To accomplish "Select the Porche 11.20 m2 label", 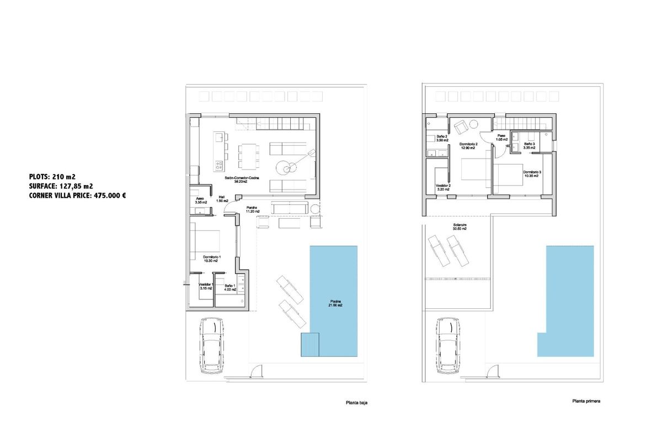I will pos(253,209).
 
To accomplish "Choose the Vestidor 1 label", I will pos(206,286).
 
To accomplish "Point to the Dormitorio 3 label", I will pos(532,173).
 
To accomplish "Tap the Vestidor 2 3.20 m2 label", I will pos(443,187).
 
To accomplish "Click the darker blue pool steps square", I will pos(309,344).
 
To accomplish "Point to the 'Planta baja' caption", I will pos(356,403).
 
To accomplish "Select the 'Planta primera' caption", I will pos(586,402).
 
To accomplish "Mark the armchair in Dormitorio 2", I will pos(461,127).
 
